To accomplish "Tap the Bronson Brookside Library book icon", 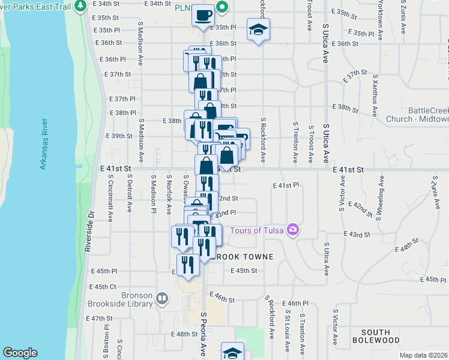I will (162, 298).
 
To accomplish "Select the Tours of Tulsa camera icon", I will (293, 230).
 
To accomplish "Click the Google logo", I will (20, 353).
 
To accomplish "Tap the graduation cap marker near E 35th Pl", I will (258, 29).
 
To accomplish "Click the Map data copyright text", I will (423, 355).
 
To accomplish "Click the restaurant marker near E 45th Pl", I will (188, 266).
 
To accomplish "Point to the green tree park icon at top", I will (81, 6).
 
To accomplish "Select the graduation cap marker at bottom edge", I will (233, 353).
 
